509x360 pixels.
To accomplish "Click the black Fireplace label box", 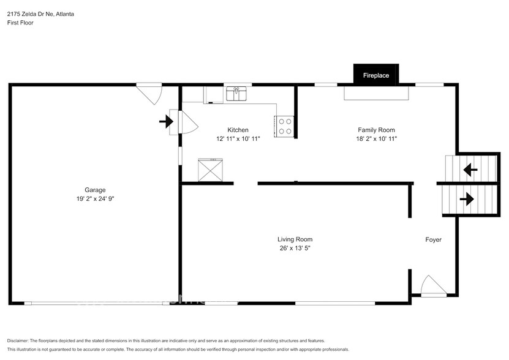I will [x=376, y=75].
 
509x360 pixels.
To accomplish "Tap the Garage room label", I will [x=94, y=190].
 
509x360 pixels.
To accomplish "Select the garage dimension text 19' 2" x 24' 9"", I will [x=94, y=199].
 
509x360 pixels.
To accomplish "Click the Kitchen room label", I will [x=238, y=130].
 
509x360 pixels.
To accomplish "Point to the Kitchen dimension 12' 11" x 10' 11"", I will [x=238, y=139].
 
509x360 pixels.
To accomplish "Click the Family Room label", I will [x=376, y=130].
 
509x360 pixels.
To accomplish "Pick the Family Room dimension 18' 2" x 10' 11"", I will [x=376, y=139].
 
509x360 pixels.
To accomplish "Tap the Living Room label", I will [x=295, y=239].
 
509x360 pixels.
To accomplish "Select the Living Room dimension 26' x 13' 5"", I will [x=295, y=249].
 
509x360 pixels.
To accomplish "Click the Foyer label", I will [x=433, y=239].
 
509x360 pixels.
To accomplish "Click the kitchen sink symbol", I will [x=236, y=94].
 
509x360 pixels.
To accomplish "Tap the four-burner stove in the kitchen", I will [x=284, y=126].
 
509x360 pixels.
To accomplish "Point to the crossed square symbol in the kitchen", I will [x=211, y=170].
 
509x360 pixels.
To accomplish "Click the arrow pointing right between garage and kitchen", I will [x=166, y=122].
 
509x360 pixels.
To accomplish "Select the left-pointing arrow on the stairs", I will [x=470, y=170].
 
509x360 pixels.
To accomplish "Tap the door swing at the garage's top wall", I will [x=149, y=93].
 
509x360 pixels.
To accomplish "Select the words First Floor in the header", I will [x=20, y=23].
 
